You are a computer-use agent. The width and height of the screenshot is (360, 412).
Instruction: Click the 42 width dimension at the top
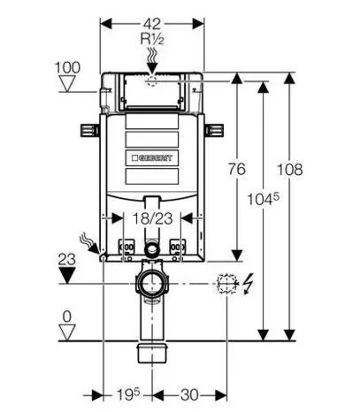[152, 24]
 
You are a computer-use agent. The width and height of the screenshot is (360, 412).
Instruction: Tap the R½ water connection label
[152, 39]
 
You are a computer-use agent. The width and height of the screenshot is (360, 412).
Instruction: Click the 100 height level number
[67, 67]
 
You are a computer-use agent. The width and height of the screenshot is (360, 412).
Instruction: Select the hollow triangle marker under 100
[67, 83]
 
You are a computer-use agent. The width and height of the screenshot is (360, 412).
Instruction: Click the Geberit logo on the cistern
[152, 158]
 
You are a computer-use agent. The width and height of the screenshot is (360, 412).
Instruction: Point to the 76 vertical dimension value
[237, 169]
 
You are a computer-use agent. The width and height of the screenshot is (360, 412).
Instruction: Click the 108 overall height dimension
[289, 170]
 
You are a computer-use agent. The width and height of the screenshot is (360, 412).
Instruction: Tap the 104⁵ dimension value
[263, 199]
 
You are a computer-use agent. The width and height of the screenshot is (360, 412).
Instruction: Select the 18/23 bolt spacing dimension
[152, 218]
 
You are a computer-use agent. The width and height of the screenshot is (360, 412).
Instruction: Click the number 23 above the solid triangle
[66, 260]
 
